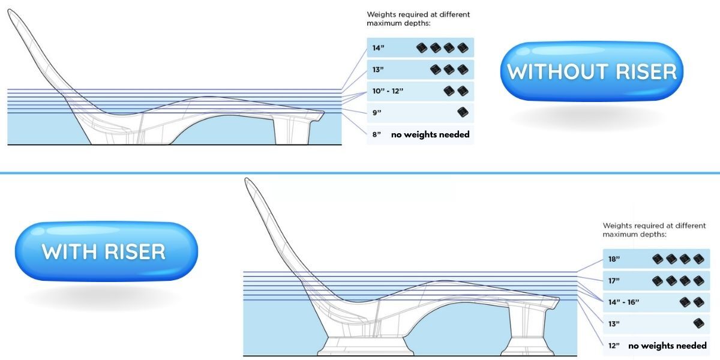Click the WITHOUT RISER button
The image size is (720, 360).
592,71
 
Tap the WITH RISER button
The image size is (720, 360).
104,251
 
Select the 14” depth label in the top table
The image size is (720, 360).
378,48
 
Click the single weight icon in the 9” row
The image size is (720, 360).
462,112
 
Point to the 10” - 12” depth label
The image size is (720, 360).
388,91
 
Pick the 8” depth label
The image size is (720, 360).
377,134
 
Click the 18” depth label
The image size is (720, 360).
614,259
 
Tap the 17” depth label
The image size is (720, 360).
614,280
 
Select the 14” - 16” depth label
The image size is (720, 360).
623,302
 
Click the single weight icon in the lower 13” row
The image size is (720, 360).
698,323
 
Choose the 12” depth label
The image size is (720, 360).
614,346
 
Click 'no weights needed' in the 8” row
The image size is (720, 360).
430,134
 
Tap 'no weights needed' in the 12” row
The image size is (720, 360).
667,346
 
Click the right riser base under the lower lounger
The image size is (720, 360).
527,346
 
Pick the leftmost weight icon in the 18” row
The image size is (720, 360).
658,259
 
